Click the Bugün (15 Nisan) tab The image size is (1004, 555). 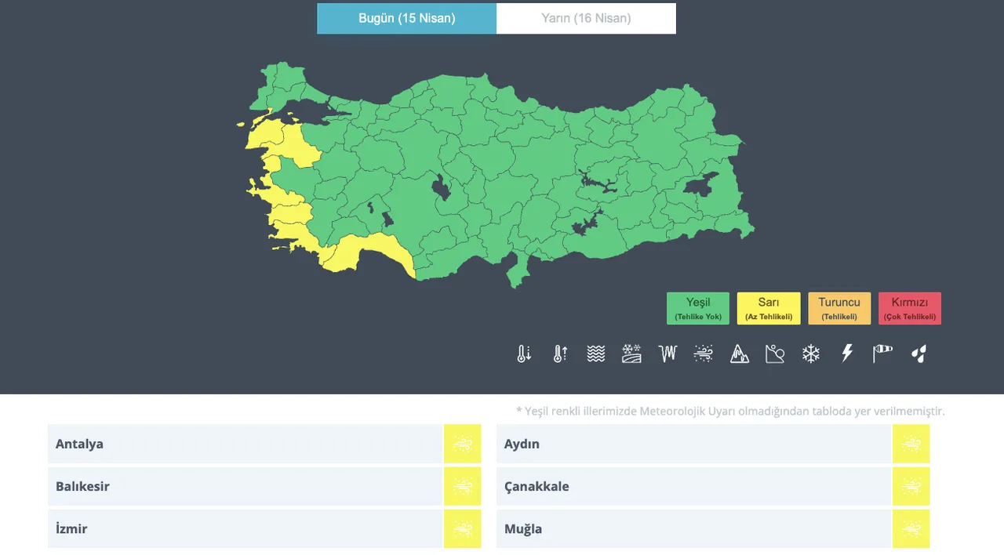[x=406, y=18]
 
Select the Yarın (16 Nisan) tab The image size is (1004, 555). [x=586, y=18]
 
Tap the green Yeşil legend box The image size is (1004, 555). [x=697, y=308]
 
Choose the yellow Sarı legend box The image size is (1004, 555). [x=769, y=308]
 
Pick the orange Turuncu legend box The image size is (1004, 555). [x=839, y=308]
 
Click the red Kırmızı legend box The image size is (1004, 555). [x=910, y=308]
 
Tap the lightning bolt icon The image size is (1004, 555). [x=847, y=354]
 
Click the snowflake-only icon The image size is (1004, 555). [x=811, y=354]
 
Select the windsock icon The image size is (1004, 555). [x=882, y=354]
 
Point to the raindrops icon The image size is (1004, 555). [x=919, y=354]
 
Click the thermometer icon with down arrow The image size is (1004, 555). [x=524, y=354]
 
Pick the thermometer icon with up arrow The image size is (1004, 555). [x=560, y=354]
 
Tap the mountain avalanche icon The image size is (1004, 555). [x=740, y=354]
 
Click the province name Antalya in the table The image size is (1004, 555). [x=79, y=444]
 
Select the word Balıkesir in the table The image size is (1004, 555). [x=82, y=486]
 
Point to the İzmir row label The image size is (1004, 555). [x=71, y=528]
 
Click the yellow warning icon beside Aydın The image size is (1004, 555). [x=911, y=444]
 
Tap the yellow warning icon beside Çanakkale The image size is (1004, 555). [x=911, y=486]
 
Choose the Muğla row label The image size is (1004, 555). [x=523, y=528]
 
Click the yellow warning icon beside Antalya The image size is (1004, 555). [x=462, y=444]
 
